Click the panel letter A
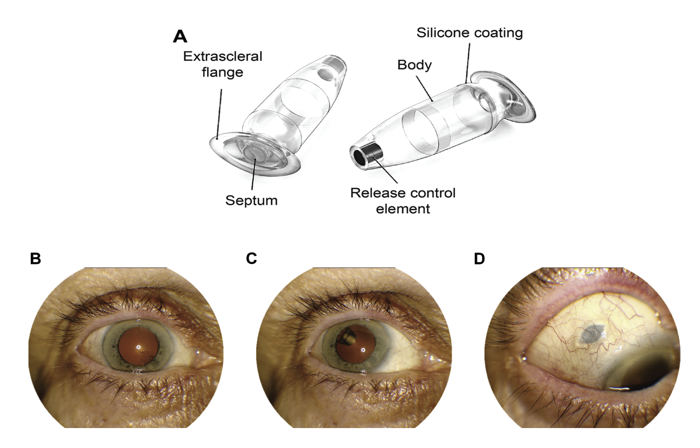click(179, 37)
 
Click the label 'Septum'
click(251, 200)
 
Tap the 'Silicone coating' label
click(470, 32)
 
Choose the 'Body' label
click(414, 65)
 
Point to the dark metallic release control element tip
click(365, 154)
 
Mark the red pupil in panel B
click(139, 346)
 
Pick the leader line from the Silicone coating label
click(467, 62)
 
